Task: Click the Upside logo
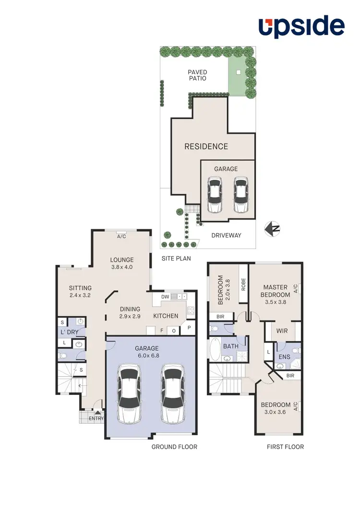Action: pyautogui.click(x=301, y=27)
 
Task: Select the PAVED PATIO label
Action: pyautogui.click(x=197, y=75)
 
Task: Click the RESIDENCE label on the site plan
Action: pyautogui.click(x=206, y=146)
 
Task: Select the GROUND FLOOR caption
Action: pyautogui.click(x=174, y=447)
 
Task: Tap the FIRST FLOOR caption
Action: pyautogui.click(x=285, y=447)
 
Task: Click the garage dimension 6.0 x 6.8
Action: pyautogui.click(x=146, y=356)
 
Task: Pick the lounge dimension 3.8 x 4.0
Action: pyautogui.click(x=121, y=267)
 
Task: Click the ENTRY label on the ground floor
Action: pyautogui.click(x=96, y=418)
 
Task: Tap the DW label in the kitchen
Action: pyautogui.click(x=165, y=297)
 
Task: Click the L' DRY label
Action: pyautogui.click(x=69, y=332)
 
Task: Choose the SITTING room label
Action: pyautogui.click(x=80, y=288)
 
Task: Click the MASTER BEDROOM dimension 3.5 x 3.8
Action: pyautogui.click(x=276, y=302)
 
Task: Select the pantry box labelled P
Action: pyautogui.click(x=189, y=328)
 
